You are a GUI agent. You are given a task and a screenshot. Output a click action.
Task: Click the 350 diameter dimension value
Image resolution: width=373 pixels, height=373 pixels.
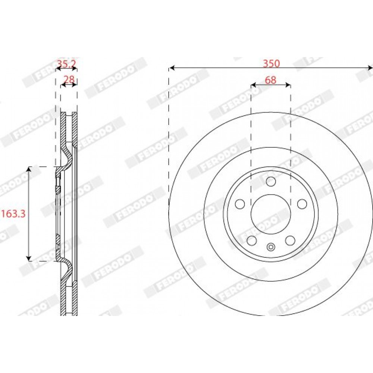pyautogui.click(x=271, y=63)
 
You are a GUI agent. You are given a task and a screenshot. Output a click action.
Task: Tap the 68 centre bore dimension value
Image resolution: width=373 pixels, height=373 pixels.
pyautogui.click(x=271, y=80)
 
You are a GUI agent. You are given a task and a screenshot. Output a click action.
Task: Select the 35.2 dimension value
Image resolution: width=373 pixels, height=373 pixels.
pyautogui.click(x=66, y=64)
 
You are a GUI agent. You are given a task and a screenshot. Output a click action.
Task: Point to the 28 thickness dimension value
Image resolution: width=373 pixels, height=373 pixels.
pyautogui.click(x=69, y=79)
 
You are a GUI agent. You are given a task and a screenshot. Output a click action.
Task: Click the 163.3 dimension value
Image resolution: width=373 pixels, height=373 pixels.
pyautogui.click(x=13, y=214)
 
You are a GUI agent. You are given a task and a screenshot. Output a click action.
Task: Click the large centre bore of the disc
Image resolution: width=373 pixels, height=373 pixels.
pyautogui.click(x=271, y=214)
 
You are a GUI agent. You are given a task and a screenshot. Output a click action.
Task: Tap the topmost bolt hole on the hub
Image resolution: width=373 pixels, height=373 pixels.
pyautogui.click(x=271, y=182)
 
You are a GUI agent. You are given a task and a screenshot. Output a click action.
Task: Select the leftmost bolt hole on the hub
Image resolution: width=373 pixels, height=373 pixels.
pyautogui.click(x=240, y=204)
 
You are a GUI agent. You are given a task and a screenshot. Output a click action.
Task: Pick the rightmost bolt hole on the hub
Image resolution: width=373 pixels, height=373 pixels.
pyautogui.click(x=302, y=204)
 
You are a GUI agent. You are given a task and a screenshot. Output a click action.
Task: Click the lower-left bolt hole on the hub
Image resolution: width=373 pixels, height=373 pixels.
pyautogui.click(x=252, y=240)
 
